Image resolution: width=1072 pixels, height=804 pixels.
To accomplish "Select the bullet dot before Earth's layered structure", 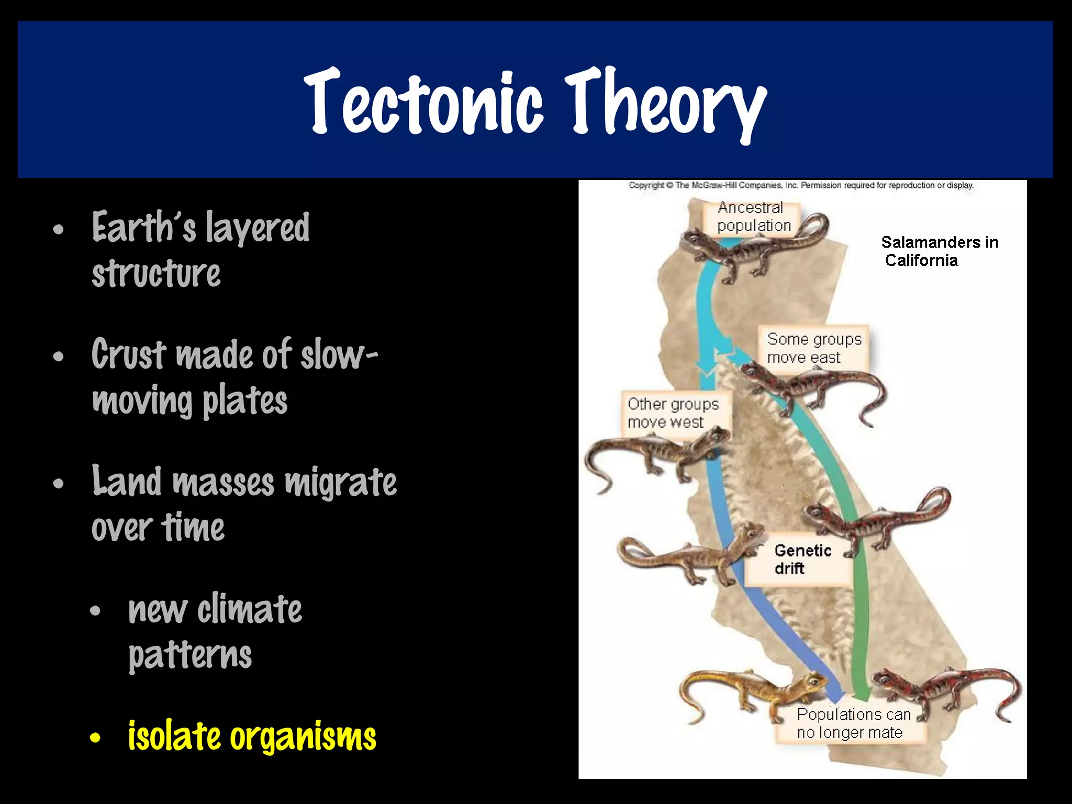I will (58, 230).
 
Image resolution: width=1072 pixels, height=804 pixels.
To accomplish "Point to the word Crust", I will (129, 355).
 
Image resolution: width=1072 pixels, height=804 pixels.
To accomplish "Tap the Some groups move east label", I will (813, 348).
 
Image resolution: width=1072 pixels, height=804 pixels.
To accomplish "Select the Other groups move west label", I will (673, 412).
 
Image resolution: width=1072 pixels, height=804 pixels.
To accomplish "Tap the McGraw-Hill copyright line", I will (801, 185).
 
